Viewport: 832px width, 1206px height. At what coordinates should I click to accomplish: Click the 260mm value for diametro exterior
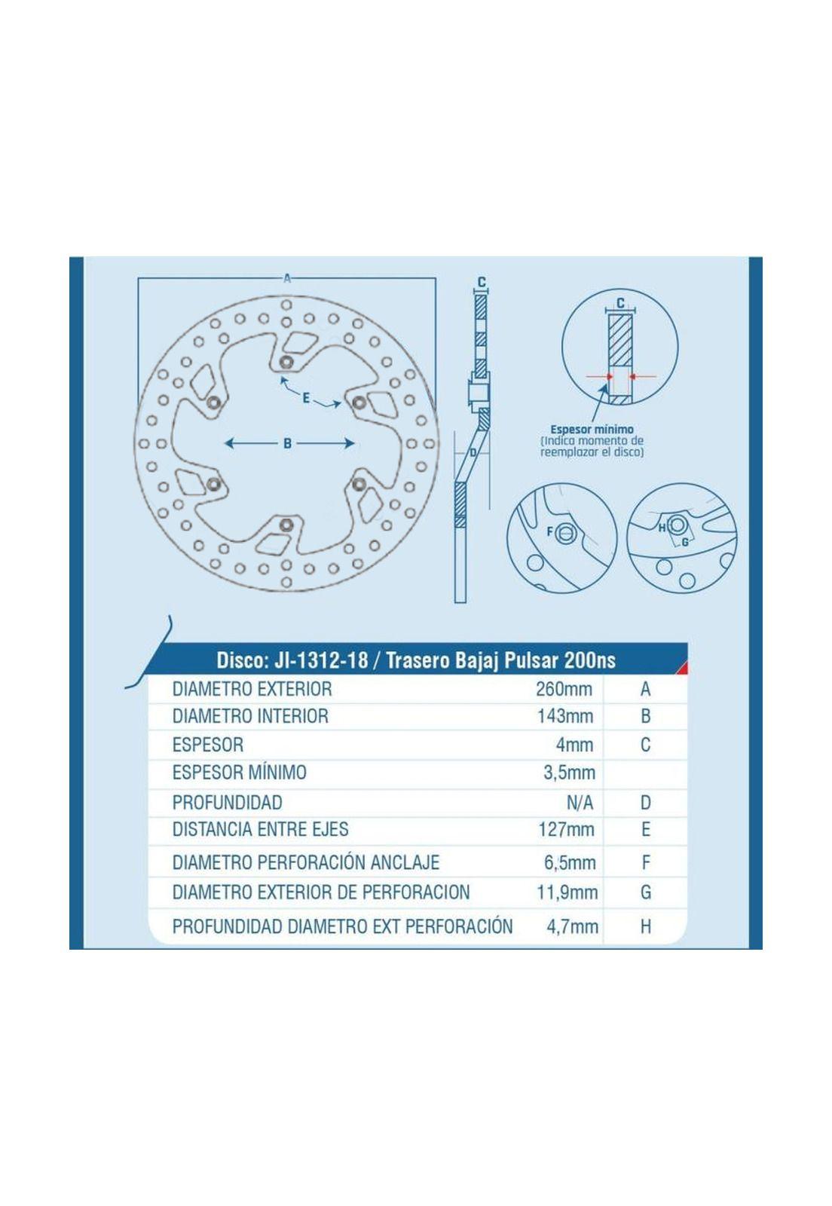[x=564, y=689]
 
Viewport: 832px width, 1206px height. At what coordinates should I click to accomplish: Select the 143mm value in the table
[x=565, y=716]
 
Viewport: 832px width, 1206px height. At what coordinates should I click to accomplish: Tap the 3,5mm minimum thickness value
[x=570, y=773]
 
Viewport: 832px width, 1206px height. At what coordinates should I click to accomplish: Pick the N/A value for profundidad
[x=580, y=803]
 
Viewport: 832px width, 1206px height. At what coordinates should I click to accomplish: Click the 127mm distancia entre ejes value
[x=566, y=830]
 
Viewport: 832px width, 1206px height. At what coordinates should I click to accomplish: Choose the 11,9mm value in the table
[x=567, y=892]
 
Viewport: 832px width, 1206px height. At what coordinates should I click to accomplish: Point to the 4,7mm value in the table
[x=572, y=926]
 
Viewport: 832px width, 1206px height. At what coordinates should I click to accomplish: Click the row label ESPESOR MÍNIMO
[x=240, y=773]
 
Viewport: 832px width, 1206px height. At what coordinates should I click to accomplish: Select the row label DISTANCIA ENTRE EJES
[x=261, y=829]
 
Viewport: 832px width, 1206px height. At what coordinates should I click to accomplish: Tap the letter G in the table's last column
[x=646, y=892]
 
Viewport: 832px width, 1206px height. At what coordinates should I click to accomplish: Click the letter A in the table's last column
[x=646, y=689]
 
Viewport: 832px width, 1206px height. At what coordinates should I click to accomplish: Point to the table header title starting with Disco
[x=415, y=660]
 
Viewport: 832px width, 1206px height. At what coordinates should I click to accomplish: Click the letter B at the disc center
[x=287, y=444]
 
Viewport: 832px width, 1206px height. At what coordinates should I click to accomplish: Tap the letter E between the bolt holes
[x=306, y=399]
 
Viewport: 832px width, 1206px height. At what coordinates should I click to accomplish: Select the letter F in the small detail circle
[x=550, y=532]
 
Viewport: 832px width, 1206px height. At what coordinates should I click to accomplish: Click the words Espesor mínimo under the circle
[x=592, y=430]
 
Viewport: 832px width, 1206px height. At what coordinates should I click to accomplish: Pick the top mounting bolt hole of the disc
[x=287, y=362]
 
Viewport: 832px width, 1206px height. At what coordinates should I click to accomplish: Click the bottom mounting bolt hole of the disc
[x=287, y=524]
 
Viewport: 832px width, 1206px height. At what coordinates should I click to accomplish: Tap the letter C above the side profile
[x=482, y=282]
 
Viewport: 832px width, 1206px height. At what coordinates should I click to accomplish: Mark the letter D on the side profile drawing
[x=473, y=452]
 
